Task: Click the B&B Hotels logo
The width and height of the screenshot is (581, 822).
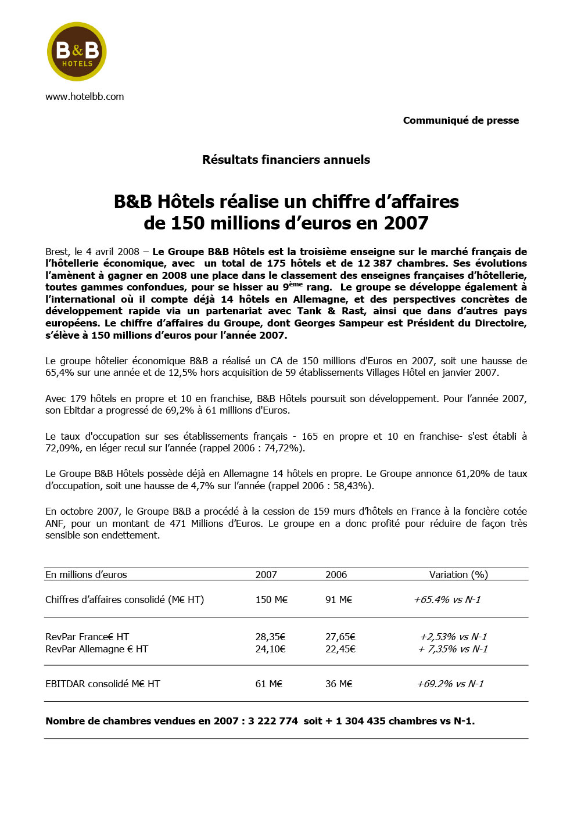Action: point(77,52)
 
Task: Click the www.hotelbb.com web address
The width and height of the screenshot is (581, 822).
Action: point(85,96)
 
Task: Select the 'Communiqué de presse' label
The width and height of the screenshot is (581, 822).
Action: point(461,120)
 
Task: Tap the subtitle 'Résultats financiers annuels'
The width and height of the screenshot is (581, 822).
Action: point(286,160)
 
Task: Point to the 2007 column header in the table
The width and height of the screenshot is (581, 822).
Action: point(266,575)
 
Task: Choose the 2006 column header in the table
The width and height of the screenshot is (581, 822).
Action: point(336,575)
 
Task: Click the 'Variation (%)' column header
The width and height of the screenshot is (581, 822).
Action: point(458,575)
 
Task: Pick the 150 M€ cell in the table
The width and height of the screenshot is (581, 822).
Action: point(271,600)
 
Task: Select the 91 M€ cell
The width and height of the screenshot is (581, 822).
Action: point(339,600)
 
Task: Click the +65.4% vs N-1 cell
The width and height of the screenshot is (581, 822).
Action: point(447,600)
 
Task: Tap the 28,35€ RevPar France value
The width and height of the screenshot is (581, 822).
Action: point(270,637)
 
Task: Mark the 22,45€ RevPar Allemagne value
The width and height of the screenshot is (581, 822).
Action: point(340,649)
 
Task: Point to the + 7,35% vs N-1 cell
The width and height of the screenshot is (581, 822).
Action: point(453,649)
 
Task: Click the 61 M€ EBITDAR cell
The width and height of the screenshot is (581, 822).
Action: point(268,684)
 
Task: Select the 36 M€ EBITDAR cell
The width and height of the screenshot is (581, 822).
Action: point(339,684)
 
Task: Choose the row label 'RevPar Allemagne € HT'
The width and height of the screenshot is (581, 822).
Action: point(96,649)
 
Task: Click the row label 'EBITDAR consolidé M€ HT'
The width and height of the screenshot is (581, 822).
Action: point(102,684)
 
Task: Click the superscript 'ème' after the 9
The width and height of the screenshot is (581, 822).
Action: point(296,284)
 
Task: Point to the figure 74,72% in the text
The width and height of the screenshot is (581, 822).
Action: point(280,448)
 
